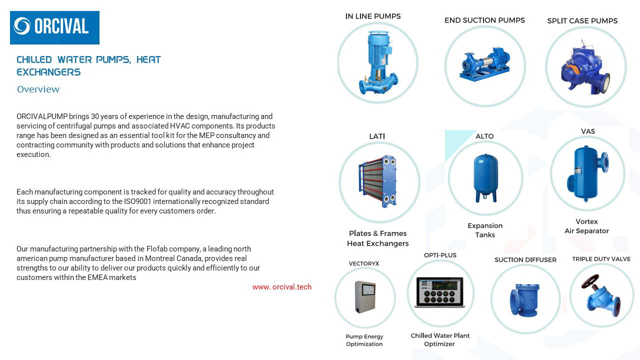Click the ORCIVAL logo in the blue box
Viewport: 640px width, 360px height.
[x=54, y=27]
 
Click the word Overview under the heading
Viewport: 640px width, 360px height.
[x=38, y=89]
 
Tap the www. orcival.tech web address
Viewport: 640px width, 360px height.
[x=281, y=287]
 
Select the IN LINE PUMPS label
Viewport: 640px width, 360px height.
[x=372, y=16]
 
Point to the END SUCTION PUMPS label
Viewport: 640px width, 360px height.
[x=484, y=20]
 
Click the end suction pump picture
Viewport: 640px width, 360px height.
[x=484, y=64]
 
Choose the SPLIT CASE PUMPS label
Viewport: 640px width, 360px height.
[x=582, y=21]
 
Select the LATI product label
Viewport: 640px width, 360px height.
[x=376, y=136]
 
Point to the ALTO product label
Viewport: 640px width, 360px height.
[x=484, y=136]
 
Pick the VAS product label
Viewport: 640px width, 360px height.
[x=587, y=131]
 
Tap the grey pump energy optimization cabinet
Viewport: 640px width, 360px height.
[x=364, y=298]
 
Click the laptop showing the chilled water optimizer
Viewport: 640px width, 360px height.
[x=439, y=292]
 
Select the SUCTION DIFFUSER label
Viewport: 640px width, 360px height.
[x=525, y=260]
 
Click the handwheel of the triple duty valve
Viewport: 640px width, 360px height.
[x=590, y=281]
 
